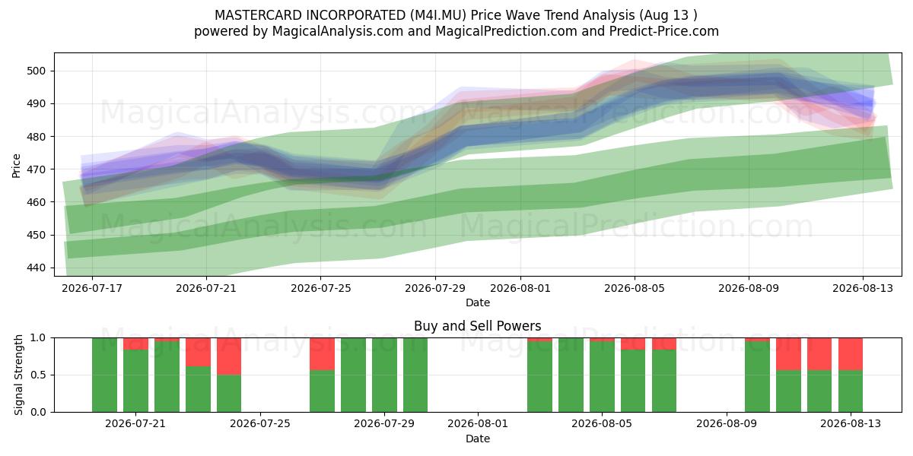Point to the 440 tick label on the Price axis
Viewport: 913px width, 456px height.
36,268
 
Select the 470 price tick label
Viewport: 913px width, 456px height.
36,169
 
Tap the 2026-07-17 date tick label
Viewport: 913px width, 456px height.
92,288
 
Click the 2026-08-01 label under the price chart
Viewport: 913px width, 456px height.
520,288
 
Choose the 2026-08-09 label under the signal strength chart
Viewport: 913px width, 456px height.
727,423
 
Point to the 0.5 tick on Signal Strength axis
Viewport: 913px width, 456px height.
39,375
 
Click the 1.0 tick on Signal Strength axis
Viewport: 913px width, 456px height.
39,338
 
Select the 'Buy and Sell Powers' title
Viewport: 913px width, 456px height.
477,326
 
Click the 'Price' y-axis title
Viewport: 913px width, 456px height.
16,166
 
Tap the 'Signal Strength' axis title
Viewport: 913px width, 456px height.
18,375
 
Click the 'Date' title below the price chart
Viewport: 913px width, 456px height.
478,302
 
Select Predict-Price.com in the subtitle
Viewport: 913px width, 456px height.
664,31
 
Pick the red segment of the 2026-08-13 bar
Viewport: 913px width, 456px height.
851,354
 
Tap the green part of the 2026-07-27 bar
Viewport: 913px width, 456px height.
322,391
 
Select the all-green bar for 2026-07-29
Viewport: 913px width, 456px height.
384,375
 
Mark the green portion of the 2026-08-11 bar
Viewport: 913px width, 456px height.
788,391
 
